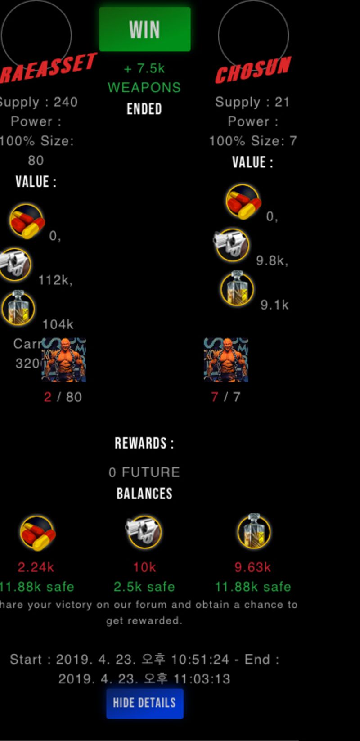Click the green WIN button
click(x=144, y=29)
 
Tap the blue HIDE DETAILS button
click(x=144, y=703)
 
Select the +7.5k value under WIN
click(x=144, y=68)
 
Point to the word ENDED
click(x=144, y=109)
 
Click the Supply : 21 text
click(x=252, y=102)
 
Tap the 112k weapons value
click(x=55, y=280)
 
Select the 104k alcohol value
click(x=58, y=324)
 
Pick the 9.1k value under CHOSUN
click(x=274, y=305)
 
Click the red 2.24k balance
click(x=36, y=567)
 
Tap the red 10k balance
click(x=144, y=567)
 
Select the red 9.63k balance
click(x=252, y=567)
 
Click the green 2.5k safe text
click(x=144, y=587)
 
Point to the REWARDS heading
click(x=144, y=444)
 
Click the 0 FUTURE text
click(x=144, y=472)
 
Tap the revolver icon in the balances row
click(x=144, y=532)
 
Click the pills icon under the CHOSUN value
click(x=243, y=201)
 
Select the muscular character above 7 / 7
click(x=226, y=360)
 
